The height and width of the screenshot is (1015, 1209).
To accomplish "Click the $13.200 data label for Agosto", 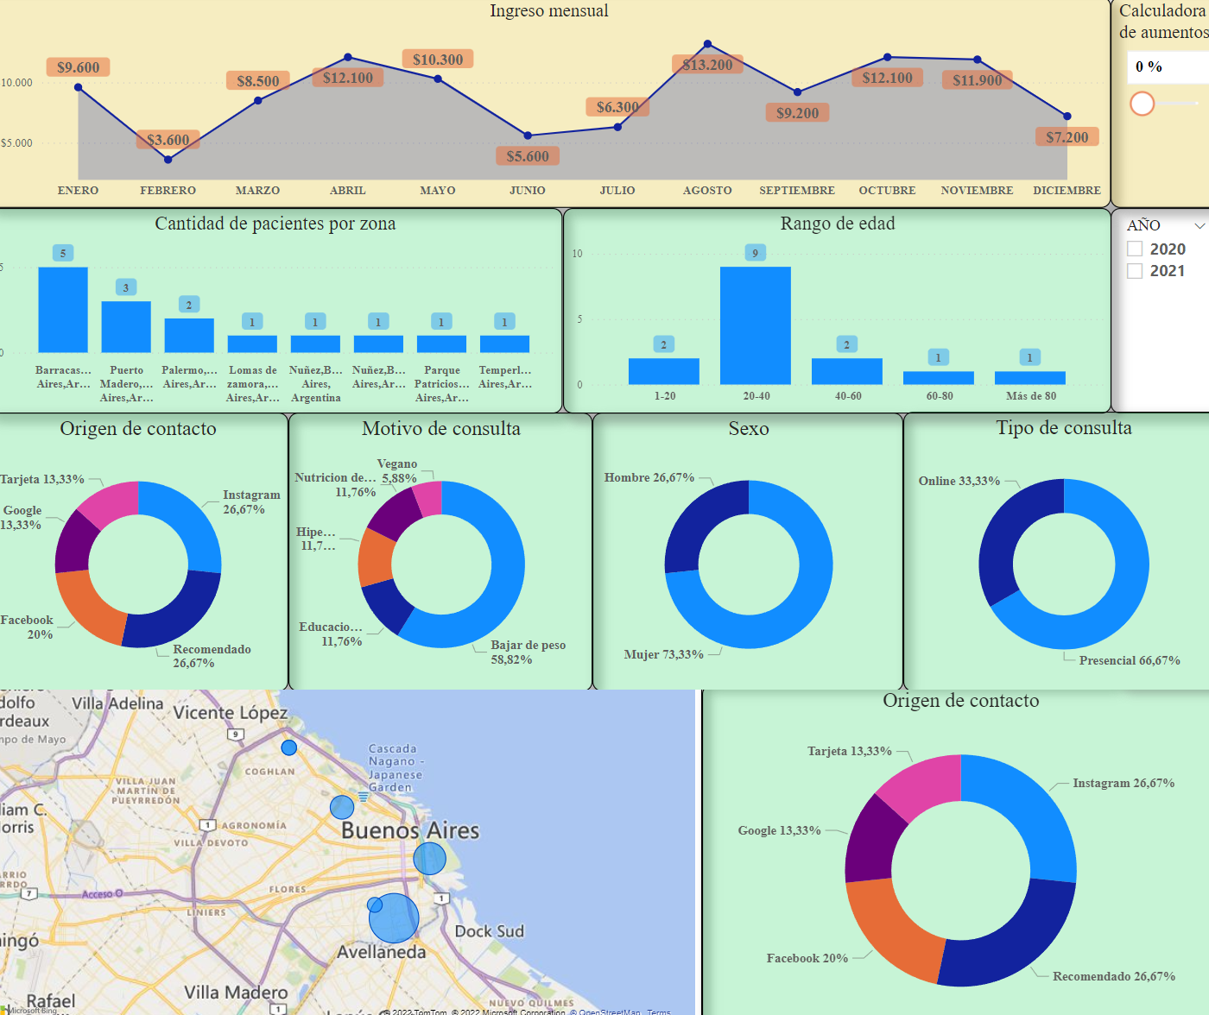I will [707, 65].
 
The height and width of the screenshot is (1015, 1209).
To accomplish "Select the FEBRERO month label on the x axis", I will [168, 191].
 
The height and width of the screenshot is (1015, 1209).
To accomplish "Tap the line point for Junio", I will [528, 136].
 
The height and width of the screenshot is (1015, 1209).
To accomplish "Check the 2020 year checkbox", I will [1136, 249].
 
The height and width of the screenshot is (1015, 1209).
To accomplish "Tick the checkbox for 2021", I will [1136, 271].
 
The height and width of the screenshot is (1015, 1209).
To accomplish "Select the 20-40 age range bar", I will [756, 325].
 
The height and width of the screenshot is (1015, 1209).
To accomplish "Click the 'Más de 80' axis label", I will [1030, 396].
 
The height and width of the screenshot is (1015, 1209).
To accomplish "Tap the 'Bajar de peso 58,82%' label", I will [528, 652].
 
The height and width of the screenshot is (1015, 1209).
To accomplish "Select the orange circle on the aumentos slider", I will [1142, 104].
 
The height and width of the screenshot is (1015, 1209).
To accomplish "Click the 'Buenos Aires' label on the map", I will [410, 830].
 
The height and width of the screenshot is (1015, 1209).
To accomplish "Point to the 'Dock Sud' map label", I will [489, 931].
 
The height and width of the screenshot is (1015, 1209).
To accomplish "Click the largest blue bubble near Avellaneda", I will [394, 918].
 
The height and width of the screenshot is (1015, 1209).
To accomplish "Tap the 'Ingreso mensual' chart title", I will [548, 11].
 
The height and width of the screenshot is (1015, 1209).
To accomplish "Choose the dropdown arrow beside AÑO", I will [1200, 226].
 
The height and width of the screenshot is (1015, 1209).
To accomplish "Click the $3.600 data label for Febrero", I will [168, 140].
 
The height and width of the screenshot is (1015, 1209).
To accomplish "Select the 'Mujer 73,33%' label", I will [663, 655].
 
